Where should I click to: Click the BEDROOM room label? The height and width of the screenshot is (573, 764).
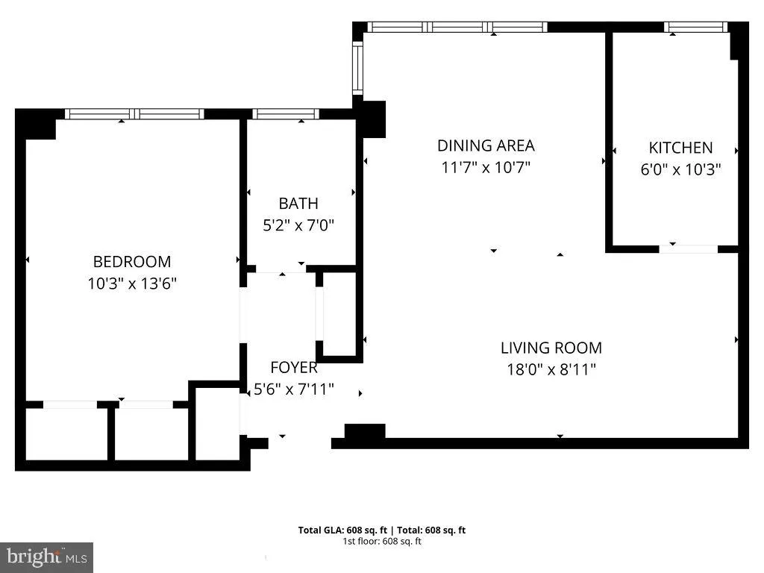(131, 262)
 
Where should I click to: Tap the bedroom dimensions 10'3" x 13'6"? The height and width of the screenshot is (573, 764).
(131, 284)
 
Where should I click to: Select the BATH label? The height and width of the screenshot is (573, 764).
(298, 203)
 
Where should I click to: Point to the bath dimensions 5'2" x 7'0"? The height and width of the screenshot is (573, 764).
(298, 225)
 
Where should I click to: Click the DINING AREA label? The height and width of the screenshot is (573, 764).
(486, 145)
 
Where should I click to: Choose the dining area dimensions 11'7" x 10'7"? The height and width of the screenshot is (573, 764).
(486, 167)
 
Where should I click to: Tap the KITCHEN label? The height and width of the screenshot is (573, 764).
(680, 148)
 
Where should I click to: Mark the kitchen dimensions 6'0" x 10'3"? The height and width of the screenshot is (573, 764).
(680, 169)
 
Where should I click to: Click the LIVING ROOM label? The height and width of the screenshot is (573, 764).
(551, 348)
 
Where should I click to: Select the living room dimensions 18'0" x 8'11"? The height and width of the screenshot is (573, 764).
(551, 369)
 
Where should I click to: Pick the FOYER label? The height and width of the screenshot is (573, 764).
(293, 367)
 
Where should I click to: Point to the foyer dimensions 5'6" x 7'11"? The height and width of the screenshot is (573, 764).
(293, 389)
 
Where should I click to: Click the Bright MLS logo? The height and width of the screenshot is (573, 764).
(46, 557)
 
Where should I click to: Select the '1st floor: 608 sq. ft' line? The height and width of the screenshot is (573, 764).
(382, 541)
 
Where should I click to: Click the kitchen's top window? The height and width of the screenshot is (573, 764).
(695, 27)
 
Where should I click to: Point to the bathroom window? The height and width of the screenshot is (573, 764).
(286, 114)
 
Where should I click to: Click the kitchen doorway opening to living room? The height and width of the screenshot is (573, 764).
(688, 248)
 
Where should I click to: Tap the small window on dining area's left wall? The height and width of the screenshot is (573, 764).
(357, 68)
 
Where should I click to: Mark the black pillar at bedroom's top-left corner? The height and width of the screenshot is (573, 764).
(36, 124)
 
